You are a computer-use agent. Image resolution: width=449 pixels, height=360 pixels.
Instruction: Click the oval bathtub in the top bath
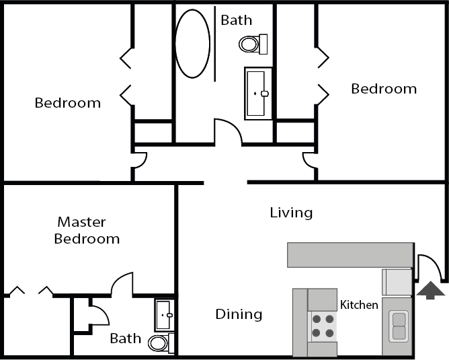[x=192, y=44]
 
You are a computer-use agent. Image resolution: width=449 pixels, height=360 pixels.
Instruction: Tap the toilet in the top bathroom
[x=253, y=44]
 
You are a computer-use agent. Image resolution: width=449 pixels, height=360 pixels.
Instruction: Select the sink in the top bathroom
[x=258, y=94]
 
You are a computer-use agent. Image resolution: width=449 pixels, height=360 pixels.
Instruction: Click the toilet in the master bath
[x=161, y=343]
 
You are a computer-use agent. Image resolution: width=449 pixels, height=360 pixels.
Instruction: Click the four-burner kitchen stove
[x=322, y=326]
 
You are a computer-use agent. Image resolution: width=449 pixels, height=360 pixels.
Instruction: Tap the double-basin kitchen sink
[x=399, y=326]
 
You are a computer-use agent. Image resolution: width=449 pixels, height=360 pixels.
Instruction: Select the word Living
[x=291, y=213]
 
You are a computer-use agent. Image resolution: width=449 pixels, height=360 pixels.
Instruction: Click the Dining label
[x=239, y=314]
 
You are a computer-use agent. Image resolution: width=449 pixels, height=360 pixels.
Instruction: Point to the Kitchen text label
[x=359, y=305]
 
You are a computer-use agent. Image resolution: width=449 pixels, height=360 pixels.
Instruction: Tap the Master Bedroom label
[x=87, y=230]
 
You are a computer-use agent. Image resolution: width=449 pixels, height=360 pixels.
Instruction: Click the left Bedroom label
[x=68, y=103]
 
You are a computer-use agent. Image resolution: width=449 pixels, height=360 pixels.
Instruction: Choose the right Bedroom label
[x=384, y=89]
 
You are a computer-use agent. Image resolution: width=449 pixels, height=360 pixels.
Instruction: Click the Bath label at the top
[x=237, y=20]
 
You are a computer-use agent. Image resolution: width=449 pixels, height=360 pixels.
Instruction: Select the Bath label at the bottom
[x=126, y=338]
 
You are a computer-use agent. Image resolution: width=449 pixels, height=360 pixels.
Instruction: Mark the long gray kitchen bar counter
[x=350, y=255]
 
